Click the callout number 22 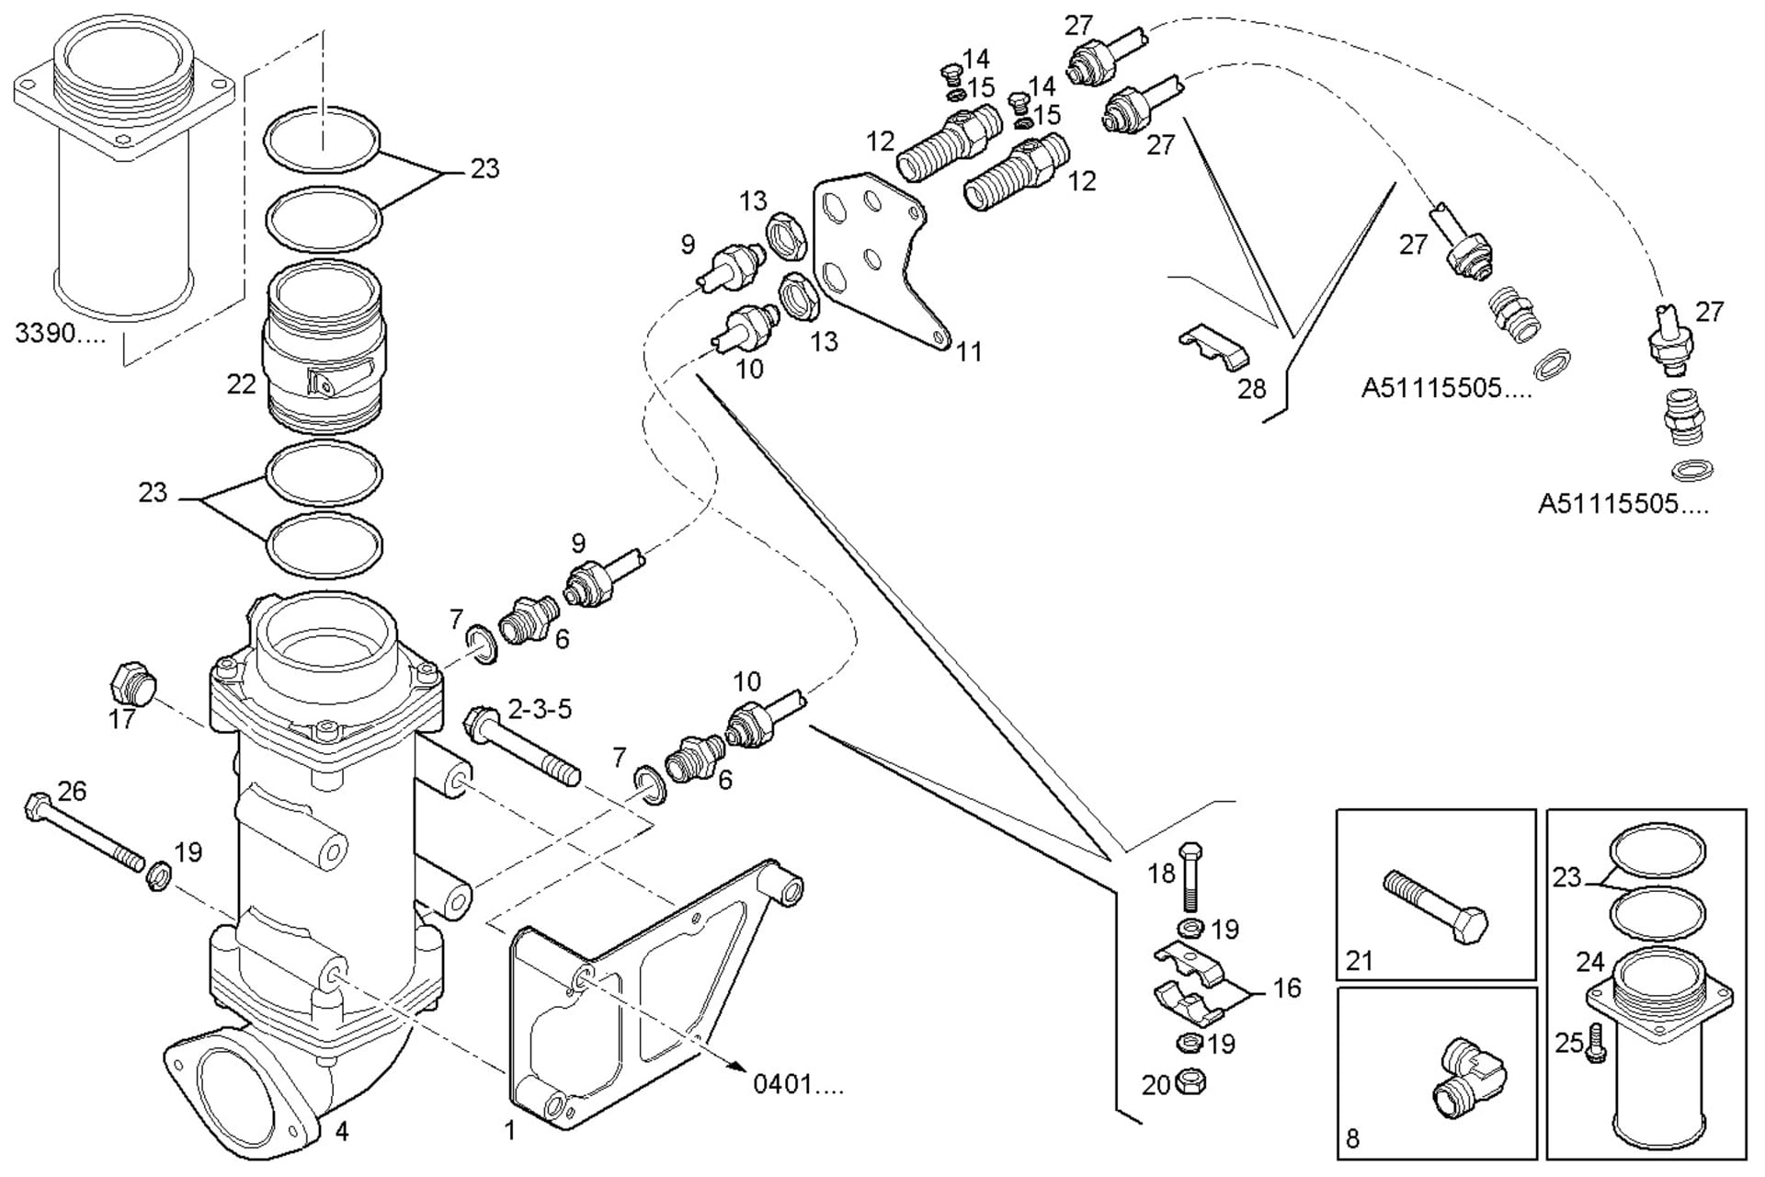point(241,383)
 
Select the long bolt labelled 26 point(85,835)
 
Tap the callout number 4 point(342,1130)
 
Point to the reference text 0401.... point(797,1084)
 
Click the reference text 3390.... point(60,333)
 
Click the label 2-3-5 point(540,709)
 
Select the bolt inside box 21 point(1435,908)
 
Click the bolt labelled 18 point(1190,875)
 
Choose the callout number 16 point(1287,988)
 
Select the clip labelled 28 point(1213,348)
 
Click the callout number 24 point(1590,962)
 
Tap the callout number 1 point(510,1130)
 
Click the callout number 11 point(969,351)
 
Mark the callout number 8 point(1352,1138)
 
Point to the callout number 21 point(1359,961)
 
